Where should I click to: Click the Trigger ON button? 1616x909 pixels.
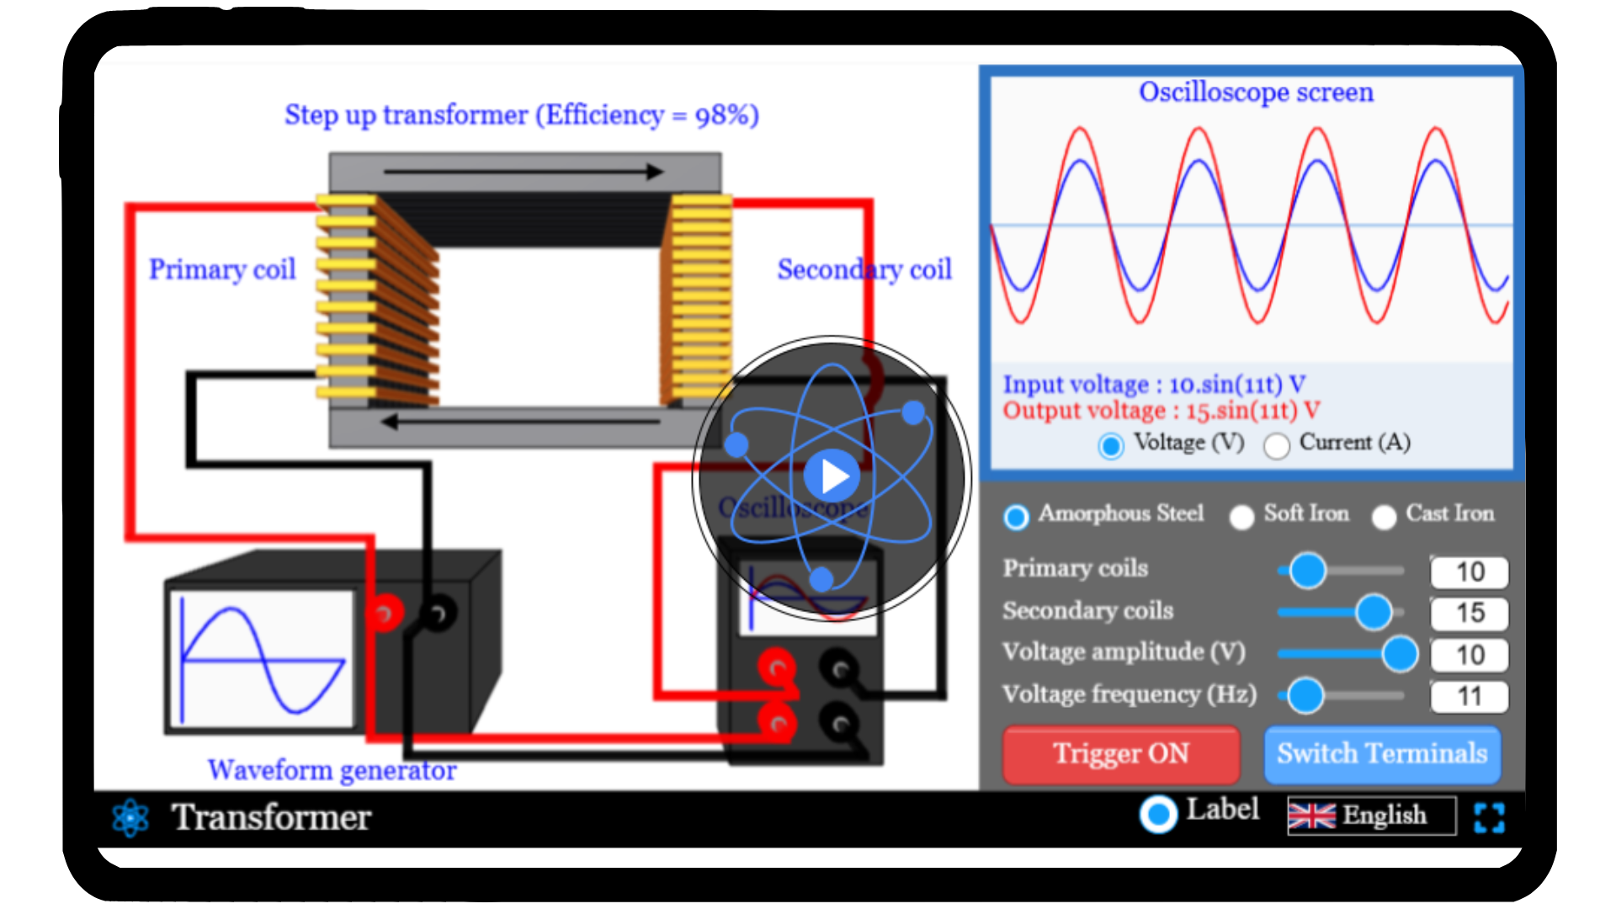click(1120, 753)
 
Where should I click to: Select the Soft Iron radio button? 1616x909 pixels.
click(1241, 517)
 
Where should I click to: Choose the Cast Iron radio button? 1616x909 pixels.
click(1384, 517)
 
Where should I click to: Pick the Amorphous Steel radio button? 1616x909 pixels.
click(1016, 517)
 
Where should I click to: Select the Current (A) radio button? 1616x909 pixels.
click(1277, 445)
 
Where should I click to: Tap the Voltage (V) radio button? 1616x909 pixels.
click(1111, 445)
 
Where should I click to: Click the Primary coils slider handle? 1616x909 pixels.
click(1308, 571)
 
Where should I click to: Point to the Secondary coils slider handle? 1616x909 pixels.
click(1374, 612)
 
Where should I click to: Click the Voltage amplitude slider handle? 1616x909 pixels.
click(1400, 654)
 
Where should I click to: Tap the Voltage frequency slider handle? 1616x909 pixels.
click(1305, 695)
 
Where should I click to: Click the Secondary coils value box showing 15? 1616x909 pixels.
click(1470, 613)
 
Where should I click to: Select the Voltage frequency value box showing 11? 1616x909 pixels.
click(1470, 696)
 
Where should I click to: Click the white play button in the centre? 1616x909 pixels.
click(832, 476)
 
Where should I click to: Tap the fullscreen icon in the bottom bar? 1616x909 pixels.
click(1489, 817)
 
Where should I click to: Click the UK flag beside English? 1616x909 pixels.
click(1311, 816)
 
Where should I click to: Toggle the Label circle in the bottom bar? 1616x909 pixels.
click(1158, 814)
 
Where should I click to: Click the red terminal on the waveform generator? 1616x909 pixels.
click(385, 612)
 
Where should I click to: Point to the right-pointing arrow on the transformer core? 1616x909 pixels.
click(522, 172)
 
